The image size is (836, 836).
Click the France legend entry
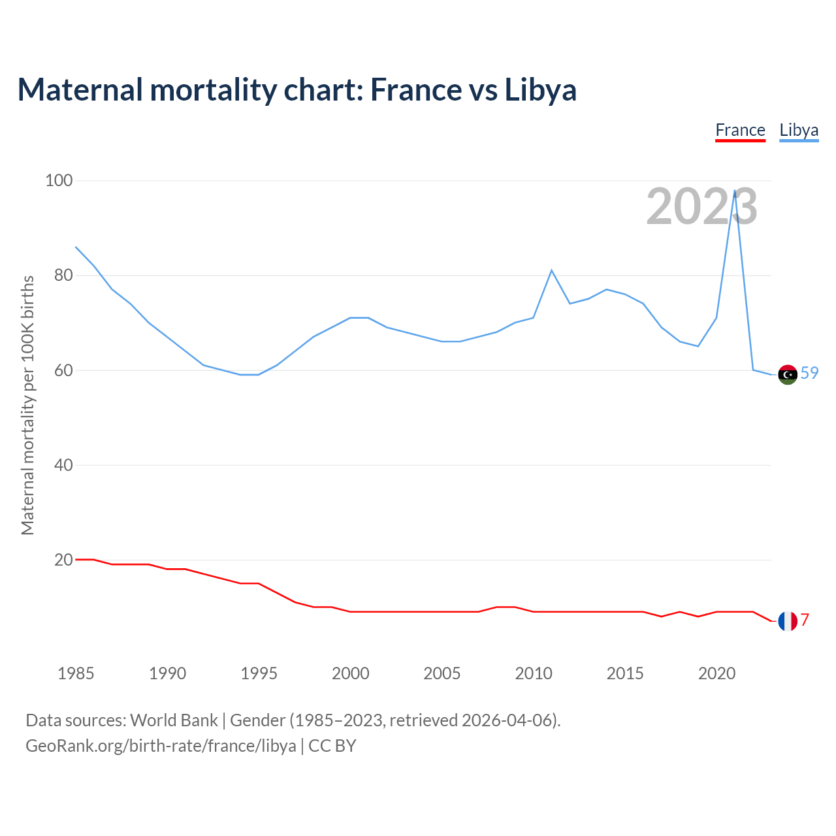tap(740, 131)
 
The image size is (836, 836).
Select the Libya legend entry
tap(799, 131)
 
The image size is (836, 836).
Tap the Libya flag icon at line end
tap(788, 374)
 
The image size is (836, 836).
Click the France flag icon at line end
tap(788, 621)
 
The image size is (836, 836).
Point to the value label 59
tap(809, 373)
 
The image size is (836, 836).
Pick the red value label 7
tap(805, 620)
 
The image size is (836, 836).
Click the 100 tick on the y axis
tap(59, 180)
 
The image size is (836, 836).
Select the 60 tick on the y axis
tap(63, 370)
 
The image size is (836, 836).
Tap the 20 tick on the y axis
tap(63, 560)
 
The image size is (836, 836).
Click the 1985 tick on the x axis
tap(76, 673)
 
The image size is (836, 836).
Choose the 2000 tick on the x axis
tap(351, 673)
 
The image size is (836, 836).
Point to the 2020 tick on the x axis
tap(716, 673)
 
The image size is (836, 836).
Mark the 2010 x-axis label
tap(534, 673)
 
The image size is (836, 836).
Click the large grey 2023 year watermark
tap(701, 206)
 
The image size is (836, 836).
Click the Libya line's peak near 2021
tap(735, 191)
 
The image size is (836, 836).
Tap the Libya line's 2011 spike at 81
tap(552, 270)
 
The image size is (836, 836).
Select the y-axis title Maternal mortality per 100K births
tap(27, 405)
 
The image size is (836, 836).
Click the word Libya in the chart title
tap(540, 90)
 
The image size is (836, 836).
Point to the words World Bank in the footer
tap(174, 720)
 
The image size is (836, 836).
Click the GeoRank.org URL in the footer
tap(161, 746)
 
